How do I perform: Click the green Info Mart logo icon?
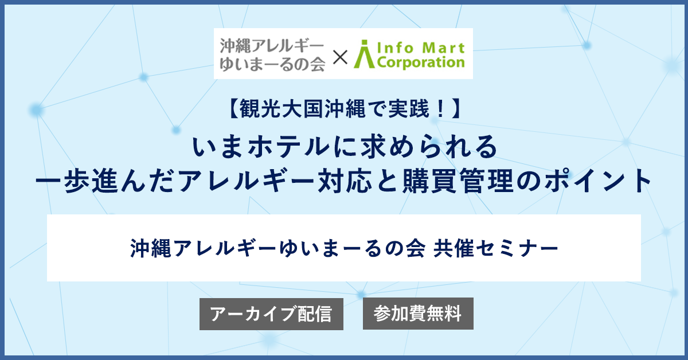[364, 54]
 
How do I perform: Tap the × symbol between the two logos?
[340, 57]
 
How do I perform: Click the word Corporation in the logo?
[421, 62]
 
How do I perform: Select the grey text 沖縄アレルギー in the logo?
[272, 46]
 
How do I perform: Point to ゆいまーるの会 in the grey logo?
[272, 65]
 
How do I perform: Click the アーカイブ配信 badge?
[271, 314]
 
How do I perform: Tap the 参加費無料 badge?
[418, 314]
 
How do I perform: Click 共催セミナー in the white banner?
[495, 248]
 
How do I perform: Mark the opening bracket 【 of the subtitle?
[233, 109]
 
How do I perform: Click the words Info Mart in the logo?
[421, 48]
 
